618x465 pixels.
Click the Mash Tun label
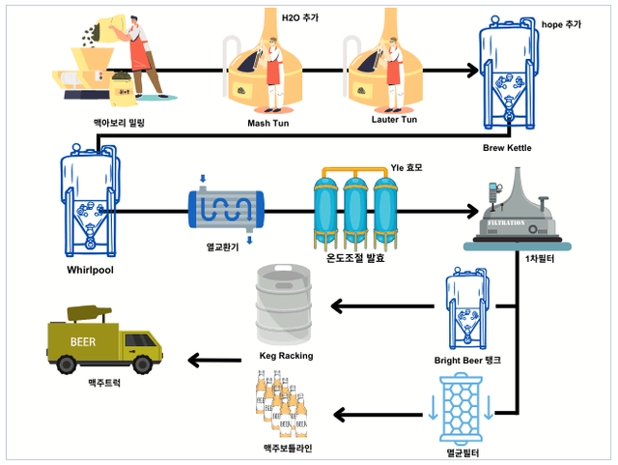click(269, 123)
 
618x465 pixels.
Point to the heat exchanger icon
click(228, 208)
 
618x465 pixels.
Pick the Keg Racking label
click(286, 356)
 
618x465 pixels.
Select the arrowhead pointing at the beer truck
click(193, 361)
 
